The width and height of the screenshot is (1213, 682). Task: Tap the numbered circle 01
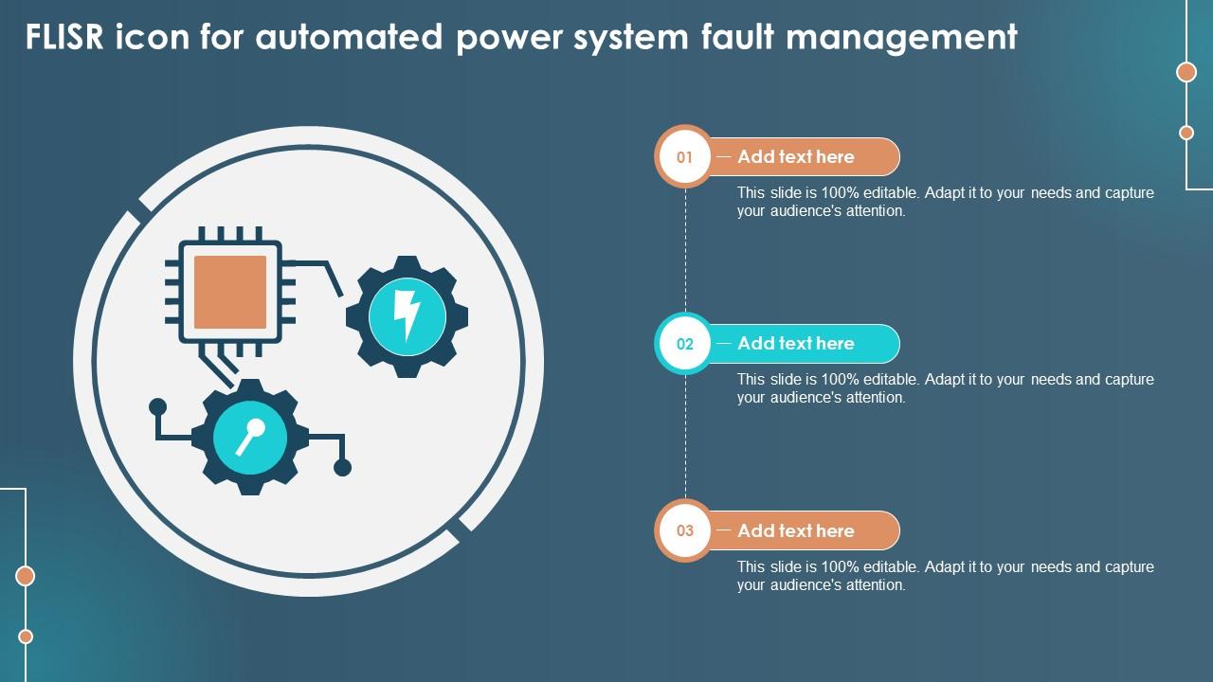pyautogui.click(x=684, y=157)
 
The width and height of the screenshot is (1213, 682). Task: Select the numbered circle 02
pyautogui.click(x=684, y=344)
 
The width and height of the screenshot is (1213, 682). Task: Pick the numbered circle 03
pyautogui.click(x=684, y=530)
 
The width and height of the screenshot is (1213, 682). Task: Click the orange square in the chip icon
pyautogui.click(x=229, y=292)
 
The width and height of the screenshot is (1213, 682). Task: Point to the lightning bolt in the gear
pyautogui.click(x=407, y=315)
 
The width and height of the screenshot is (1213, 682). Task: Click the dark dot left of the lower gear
pyautogui.click(x=158, y=407)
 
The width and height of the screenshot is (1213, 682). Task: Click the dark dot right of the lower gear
pyautogui.click(x=343, y=467)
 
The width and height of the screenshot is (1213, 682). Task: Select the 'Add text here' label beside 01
pyautogui.click(x=796, y=157)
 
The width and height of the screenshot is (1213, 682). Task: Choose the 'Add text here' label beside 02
pyautogui.click(x=796, y=344)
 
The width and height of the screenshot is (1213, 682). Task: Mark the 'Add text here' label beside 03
pyautogui.click(x=796, y=530)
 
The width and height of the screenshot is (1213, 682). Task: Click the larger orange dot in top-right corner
pyautogui.click(x=1186, y=72)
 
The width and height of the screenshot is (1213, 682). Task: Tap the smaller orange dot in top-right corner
pyautogui.click(x=1186, y=133)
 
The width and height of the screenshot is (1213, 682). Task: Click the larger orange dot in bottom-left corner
pyautogui.click(x=26, y=576)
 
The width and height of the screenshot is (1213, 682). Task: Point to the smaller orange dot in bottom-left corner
pyautogui.click(x=26, y=637)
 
